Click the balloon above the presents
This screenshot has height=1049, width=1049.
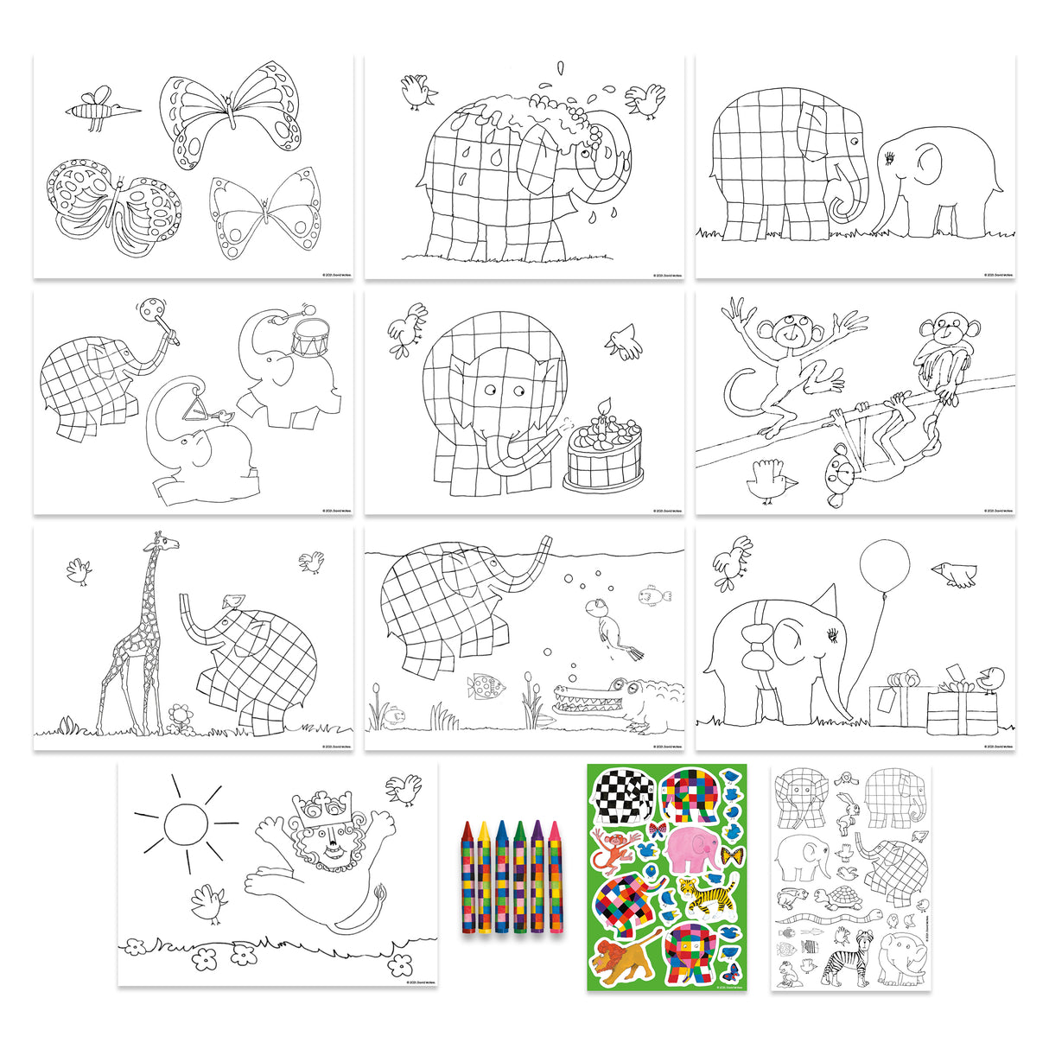pyautogui.click(x=884, y=568)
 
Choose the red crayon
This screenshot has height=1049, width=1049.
pyautogui.click(x=467, y=877)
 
